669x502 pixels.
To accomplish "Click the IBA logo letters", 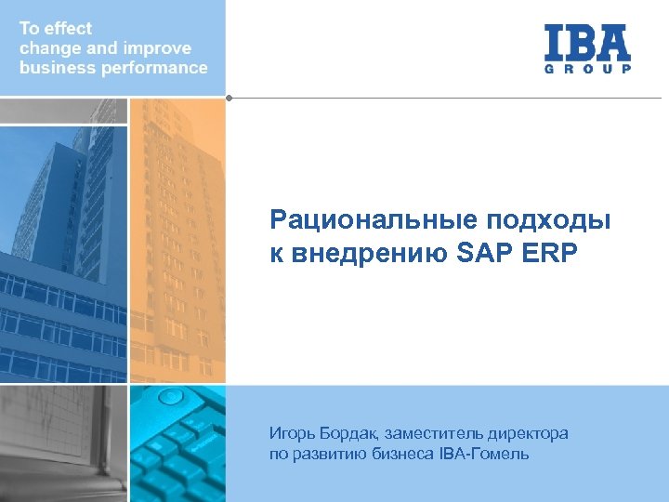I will click(x=587, y=42).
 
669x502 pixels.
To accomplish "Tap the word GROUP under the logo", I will click(x=587, y=69).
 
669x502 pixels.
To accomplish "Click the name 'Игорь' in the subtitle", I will click(x=289, y=433).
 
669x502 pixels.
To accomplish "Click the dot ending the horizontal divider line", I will click(x=228, y=97).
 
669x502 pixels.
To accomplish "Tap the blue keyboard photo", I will click(x=177, y=443).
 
